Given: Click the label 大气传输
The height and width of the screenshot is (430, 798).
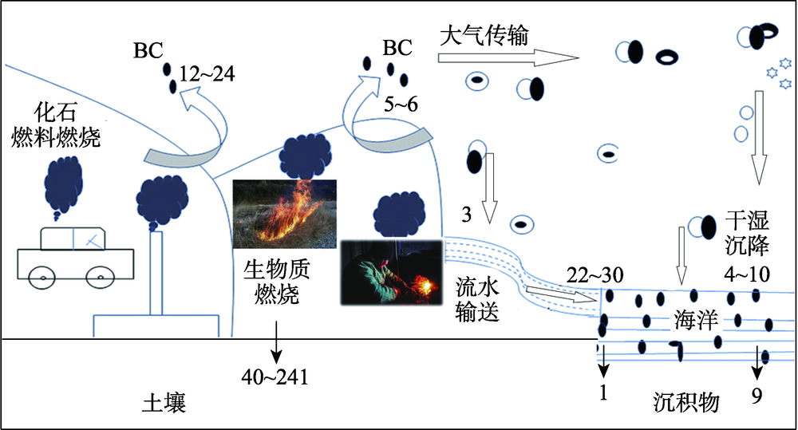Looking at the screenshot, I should (x=484, y=36).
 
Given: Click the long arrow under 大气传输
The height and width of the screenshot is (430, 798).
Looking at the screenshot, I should (x=508, y=57).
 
